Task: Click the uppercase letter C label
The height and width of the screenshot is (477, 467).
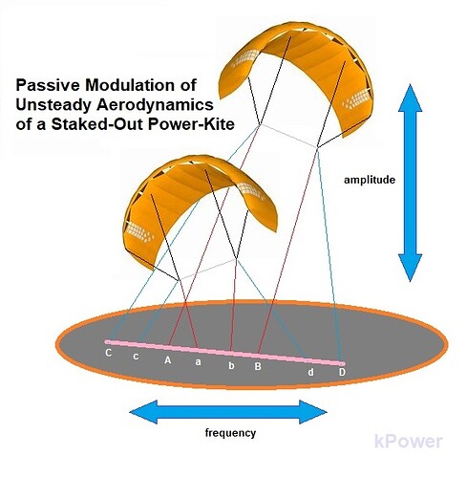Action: (x=109, y=353)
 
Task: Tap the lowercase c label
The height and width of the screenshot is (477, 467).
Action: (x=136, y=356)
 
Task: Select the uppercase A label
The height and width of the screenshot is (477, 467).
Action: (x=168, y=360)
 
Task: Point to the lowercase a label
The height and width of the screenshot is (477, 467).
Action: (x=199, y=362)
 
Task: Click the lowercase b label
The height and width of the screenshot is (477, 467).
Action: (x=231, y=365)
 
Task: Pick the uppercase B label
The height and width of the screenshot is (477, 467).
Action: (x=258, y=366)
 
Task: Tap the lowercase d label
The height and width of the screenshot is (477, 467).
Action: (x=310, y=372)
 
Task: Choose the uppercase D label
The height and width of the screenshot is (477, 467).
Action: (x=342, y=372)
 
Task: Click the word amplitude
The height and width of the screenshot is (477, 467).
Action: (x=370, y=180)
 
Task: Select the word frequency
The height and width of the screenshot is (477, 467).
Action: (x=230, y=433)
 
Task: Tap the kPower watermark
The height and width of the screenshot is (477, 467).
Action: (x=409, y=442)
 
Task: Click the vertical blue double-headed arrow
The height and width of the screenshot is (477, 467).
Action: (x=411, y=183)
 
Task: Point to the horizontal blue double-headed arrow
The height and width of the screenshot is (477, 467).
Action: (x=228, y=412)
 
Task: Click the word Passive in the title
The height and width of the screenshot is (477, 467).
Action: (x=44, y=85)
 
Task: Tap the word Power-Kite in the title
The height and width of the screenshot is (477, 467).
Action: (x=191, y=124)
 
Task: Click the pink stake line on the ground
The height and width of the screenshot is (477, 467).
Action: (x=224, y=353)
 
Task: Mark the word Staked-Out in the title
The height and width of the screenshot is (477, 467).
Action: (x=97, y=124)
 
